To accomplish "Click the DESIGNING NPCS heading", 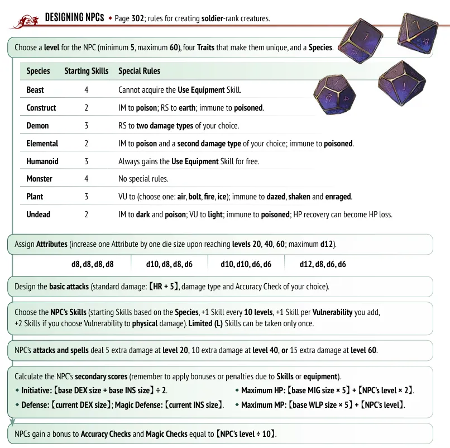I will click(74, 18).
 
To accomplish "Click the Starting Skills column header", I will click(86, 71).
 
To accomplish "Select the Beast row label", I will click(35, 90).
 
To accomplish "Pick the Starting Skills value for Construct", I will click(86, 108).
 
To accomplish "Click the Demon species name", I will click(37, 126).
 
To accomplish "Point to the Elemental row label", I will click(42, 144).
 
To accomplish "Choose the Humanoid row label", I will click(42, 161).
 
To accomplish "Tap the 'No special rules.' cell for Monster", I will click(143, 179).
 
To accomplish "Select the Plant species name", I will click(35, 197).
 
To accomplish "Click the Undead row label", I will click(38, 215).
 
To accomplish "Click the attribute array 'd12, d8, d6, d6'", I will click(323, 264).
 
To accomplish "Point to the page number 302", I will click(138, 18).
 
